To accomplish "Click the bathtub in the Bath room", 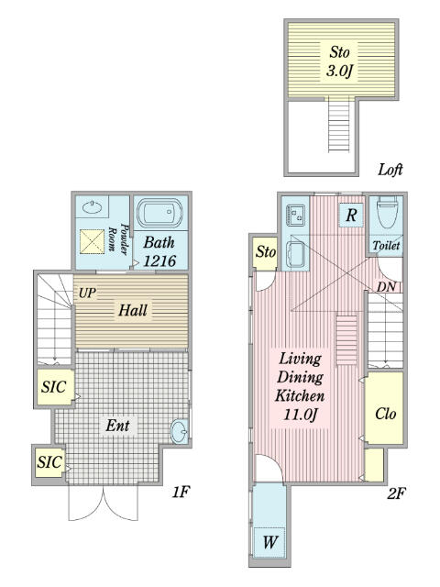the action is coord(159,212).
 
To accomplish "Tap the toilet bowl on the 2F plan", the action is coord(387,212).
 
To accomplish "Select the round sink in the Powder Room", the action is coord(92,207).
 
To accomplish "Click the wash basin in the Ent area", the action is coord(180,432).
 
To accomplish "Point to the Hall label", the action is coord(133,310).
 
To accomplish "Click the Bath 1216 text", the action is coord(159,251).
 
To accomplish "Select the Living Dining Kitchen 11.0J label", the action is coord(300,387).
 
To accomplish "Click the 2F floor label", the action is coord(396,493).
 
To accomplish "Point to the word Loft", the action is coord(390,170).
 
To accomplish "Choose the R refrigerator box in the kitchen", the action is coord(351,216).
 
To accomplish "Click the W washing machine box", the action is coord(269,542).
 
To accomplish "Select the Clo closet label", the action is coord(385,414).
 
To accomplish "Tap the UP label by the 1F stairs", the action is coord(87,293).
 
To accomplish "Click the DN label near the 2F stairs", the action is coord(386,287).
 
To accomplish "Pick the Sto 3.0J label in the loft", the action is coord(339,61).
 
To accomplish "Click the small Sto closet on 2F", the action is coord(265,253).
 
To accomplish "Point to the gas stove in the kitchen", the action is coord(296,216).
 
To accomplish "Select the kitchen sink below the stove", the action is coord(296,255).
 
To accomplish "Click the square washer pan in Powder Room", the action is coord(92,241).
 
